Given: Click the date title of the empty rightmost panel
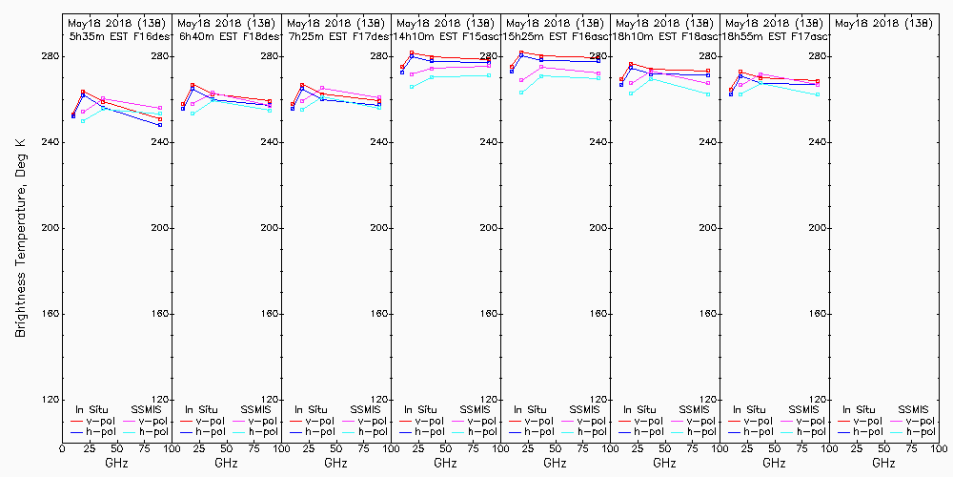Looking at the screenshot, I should click(883, 22).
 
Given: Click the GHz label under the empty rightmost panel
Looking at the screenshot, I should click(883, 463).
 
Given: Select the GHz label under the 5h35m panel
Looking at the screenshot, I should click(116, 463).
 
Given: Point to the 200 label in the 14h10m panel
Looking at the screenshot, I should click(489, 228).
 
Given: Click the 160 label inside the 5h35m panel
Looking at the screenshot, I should click(160, 314).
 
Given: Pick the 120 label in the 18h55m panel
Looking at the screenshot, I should click(818, 400).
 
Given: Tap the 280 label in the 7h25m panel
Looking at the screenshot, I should click(379, 56).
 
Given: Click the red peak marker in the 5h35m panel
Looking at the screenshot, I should click(83, 92).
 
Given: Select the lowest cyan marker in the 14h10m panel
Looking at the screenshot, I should click(412, 87).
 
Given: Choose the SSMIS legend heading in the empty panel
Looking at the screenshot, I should click(915, 409).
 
